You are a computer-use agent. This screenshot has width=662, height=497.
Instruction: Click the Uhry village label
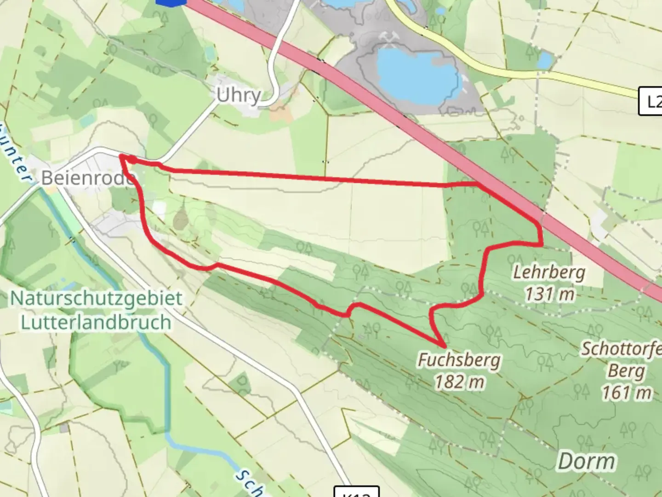pyautogui.click(x=239, y=96)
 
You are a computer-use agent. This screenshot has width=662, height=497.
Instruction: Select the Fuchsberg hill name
pyautogui.click(x=459, y=359)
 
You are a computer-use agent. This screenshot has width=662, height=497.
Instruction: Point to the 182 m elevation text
pyautogui.click(x=459, y=381)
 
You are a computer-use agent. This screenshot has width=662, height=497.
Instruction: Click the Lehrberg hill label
pyautogui.click(x=549, y=272)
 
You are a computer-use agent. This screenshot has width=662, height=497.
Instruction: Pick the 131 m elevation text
pyautogui.click(x=550, y=294)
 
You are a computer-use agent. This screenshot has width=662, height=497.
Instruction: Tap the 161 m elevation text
pyautogui.click(x=627, y=393)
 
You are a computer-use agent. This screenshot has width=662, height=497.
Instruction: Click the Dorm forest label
pyautogui.click(x=587, y=461)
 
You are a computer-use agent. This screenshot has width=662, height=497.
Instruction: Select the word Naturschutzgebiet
pyautogui.click(x=96, y=299)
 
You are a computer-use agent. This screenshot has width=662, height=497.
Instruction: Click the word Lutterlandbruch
pyautogui.click(x=96, y=322)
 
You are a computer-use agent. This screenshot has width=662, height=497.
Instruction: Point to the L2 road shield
pyautogui.click(x=651, y=101)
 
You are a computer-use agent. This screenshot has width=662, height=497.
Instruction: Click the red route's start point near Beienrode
pyautogui.click(x=121, y=157)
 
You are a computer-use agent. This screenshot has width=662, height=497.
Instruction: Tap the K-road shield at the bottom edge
pyautogui.click(x=356, y=492)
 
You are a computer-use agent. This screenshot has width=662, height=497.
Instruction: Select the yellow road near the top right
pyautogui.click(x=506, y=69)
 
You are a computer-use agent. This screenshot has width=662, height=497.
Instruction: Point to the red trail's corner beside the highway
pyautogui.click(x=541, y=225)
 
